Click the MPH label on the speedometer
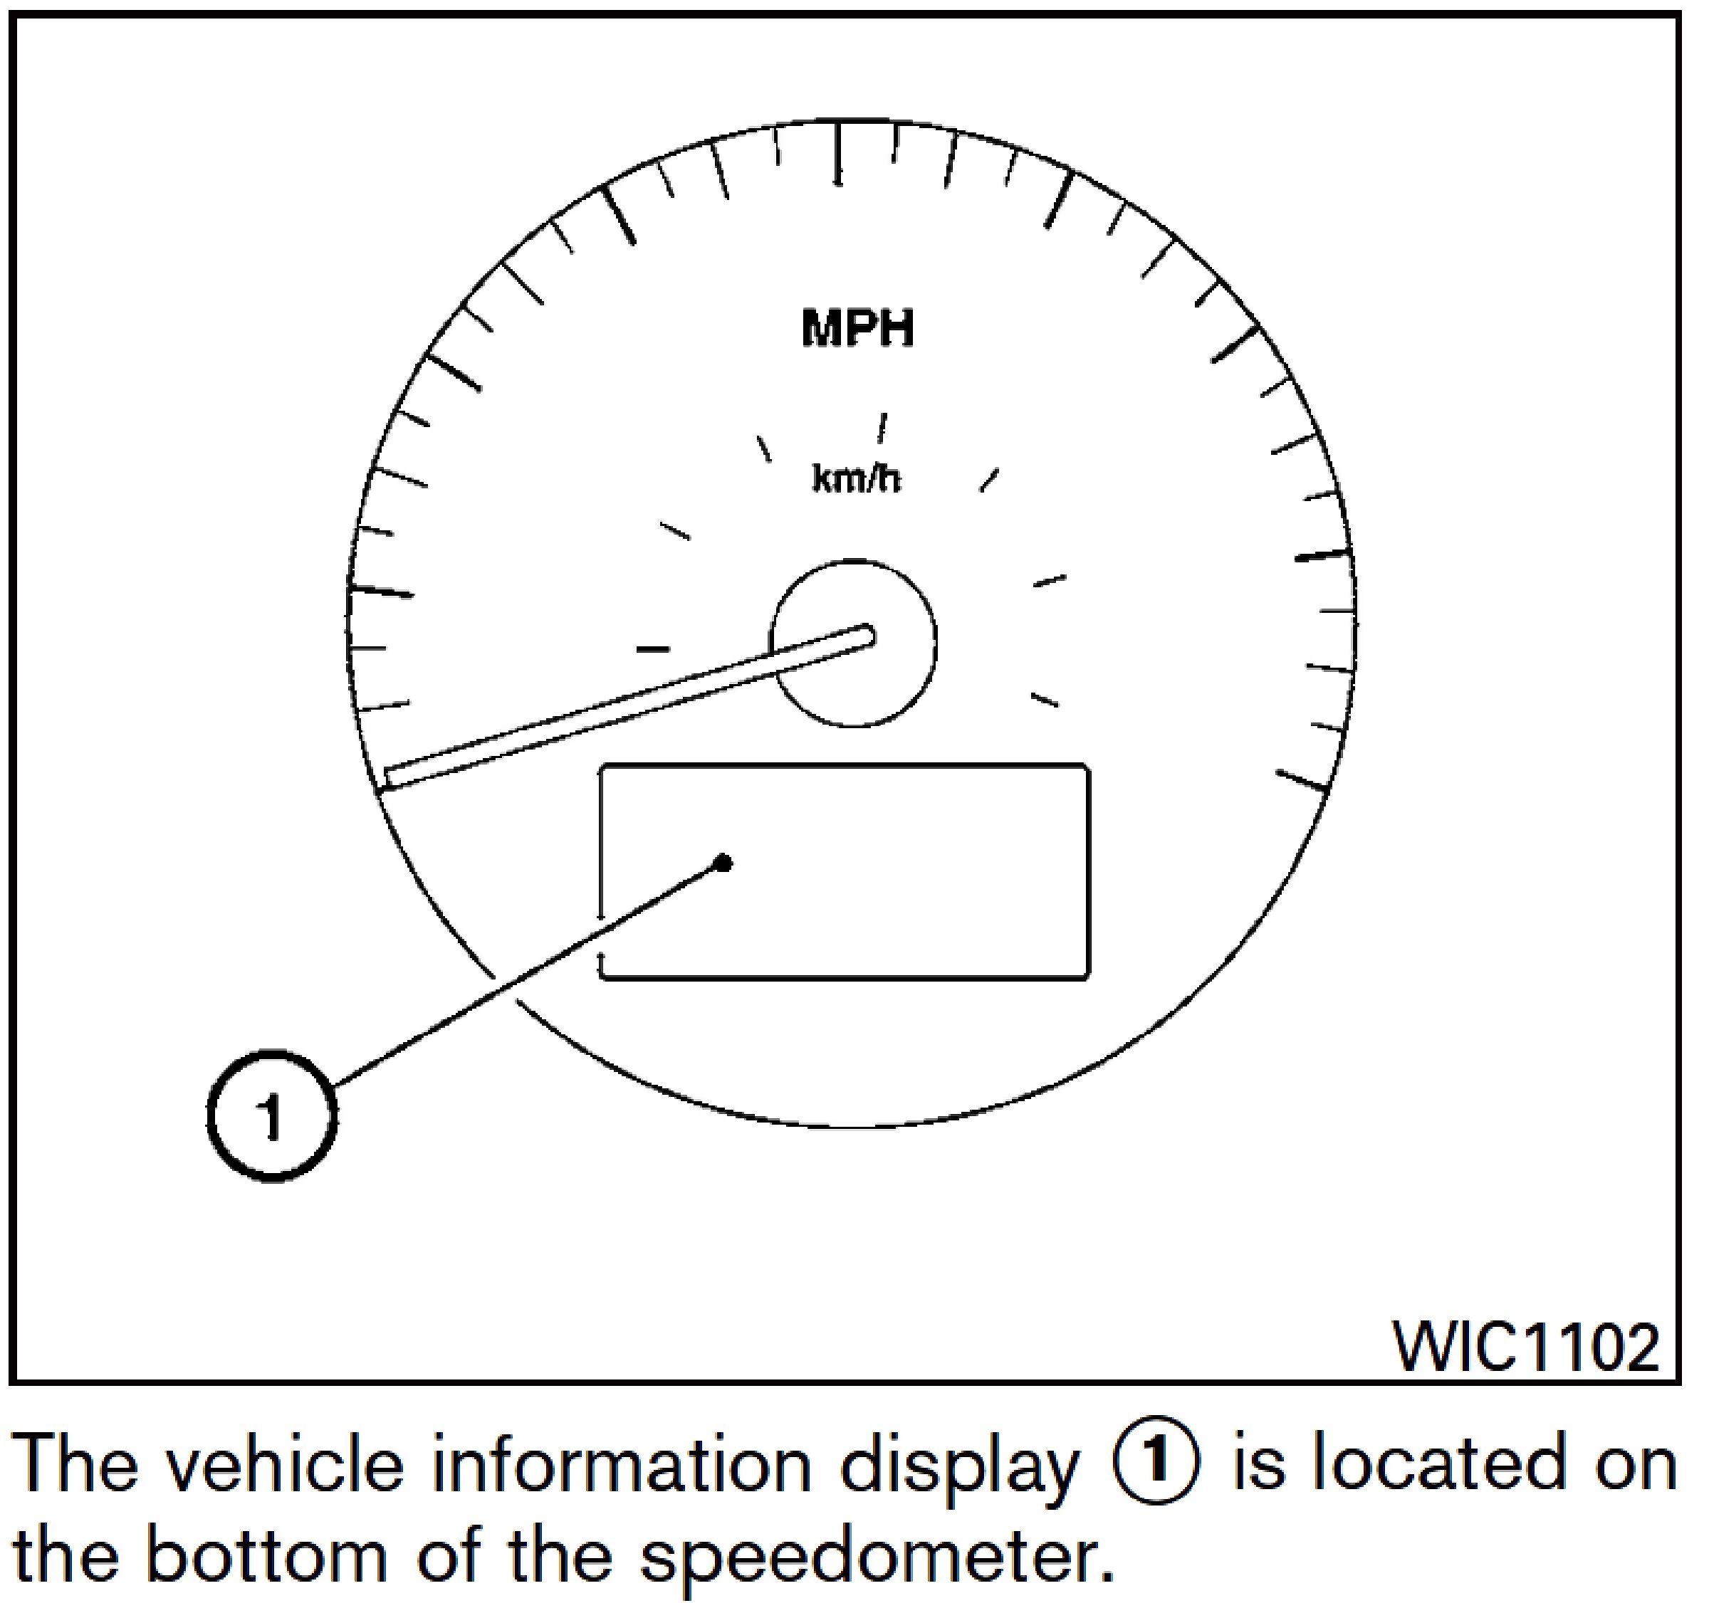[857, 329]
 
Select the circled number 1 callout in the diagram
[271, 1115]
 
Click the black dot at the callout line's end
[723, 862]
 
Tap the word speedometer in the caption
[870, 1558]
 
